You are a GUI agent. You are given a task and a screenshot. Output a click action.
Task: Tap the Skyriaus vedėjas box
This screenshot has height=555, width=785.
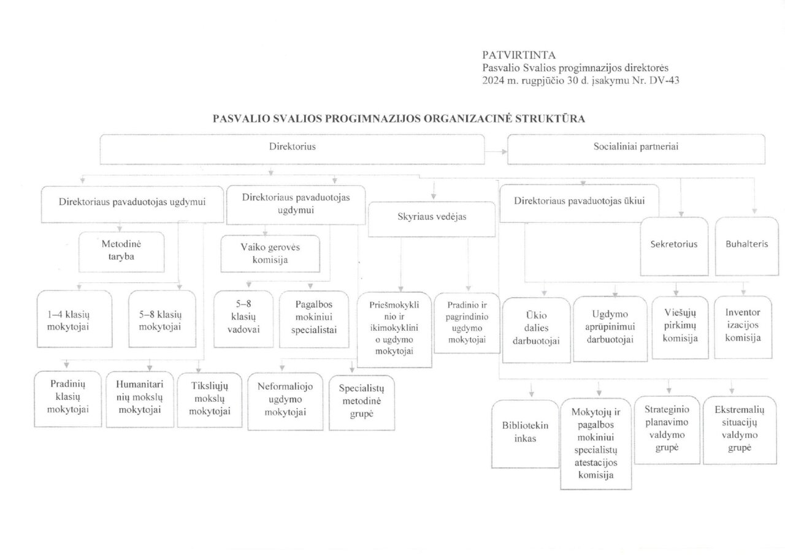[432, 219]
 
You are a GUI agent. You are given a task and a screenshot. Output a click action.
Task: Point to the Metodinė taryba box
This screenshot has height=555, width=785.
[121, 251]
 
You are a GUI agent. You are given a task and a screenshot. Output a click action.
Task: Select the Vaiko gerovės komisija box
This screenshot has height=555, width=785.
[270, 253]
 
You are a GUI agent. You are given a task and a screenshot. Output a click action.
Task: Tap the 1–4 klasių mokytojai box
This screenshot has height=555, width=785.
[74, 320]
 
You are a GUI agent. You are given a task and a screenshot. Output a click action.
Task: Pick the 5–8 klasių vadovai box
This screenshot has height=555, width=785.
[243, 320]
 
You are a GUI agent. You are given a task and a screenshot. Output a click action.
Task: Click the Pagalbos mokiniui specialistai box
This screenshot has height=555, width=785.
[316, 320]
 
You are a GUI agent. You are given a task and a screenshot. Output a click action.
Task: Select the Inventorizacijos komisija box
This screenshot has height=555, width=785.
[743, 327]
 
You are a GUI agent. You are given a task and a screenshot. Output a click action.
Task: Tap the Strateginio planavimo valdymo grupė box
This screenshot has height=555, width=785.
[664, 431]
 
